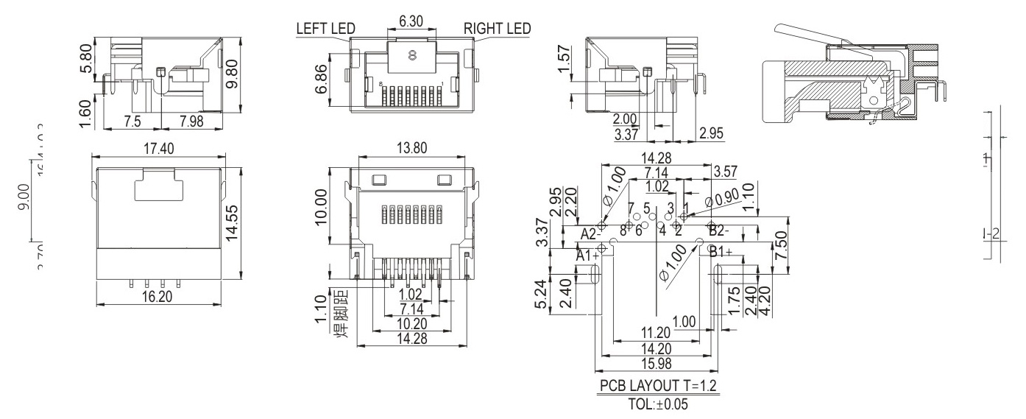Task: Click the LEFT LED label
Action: click(x=325, y=29)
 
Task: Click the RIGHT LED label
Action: click(x=497, y=29)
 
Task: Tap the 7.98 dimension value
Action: click(x=188, y=120)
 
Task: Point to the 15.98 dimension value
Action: click(x=656, y=363)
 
